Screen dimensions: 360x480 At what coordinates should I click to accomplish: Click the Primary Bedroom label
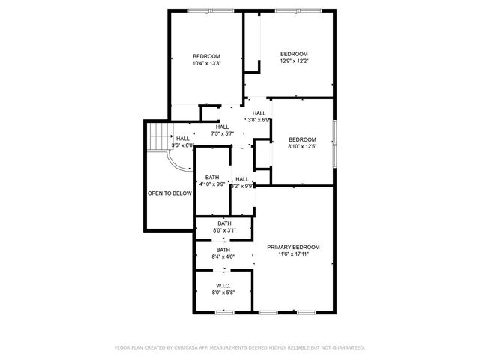point(293,247)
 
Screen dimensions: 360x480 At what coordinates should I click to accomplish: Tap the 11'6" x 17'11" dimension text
point(293,254)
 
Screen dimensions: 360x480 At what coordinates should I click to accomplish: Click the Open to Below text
point(169,193)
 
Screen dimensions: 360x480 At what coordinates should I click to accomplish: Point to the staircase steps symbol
point(157,136)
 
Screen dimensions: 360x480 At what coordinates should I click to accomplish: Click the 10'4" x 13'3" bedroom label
point(206,57)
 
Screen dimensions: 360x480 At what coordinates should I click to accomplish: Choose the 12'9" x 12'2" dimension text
point(294,61)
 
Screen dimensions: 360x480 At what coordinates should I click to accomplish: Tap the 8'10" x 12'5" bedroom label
point(302,139)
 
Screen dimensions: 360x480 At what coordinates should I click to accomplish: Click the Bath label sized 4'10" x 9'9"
point(212,177)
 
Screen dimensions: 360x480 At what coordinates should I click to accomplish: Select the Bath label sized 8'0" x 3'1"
point(225,223)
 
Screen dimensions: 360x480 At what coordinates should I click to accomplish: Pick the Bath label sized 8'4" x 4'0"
point(223,250)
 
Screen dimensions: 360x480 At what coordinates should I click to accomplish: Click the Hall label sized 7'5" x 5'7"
point(223,127)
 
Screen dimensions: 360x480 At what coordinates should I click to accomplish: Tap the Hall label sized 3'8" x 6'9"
point(259,113)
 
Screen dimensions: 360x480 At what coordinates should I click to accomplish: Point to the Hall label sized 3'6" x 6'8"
point(182,139)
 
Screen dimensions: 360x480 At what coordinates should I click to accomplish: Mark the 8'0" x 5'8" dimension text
point(223,292)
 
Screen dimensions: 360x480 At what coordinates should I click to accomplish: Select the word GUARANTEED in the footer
point(346,347)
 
